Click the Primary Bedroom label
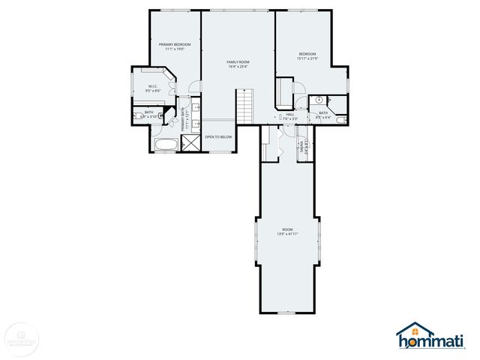(175, 46)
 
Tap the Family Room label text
(238, 64)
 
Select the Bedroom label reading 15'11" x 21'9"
(307, 56)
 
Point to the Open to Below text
(218, 137)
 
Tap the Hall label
(290, 116)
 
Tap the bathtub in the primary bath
(166, 144)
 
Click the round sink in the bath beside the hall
(319, 100)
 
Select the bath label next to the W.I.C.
(148, 115)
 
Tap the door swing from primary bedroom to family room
(194, 86)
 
